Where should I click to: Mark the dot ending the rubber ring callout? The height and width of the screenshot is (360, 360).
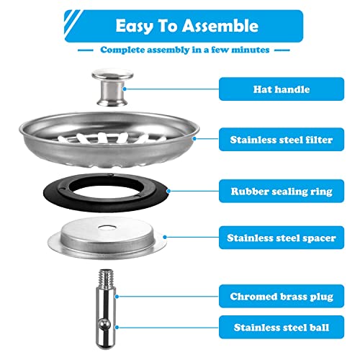click(x=167, y=192)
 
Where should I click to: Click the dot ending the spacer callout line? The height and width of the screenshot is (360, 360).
click(x=165, y=236)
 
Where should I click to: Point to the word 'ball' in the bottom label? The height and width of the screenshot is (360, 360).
click(x=318, y=328)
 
